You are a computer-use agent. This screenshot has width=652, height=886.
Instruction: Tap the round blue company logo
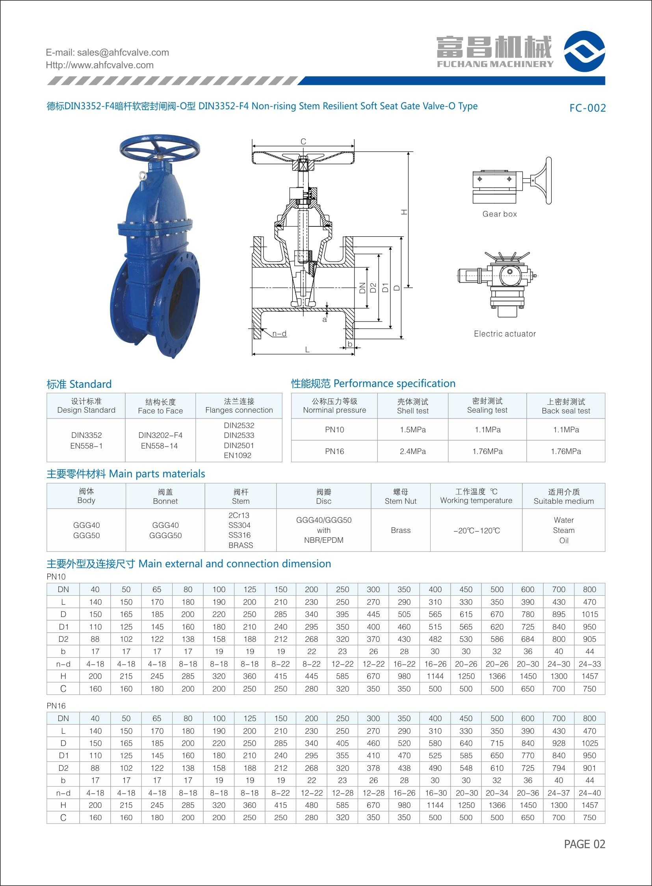[x=584, y=51]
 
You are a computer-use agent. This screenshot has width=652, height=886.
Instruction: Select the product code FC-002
[x=587, y=108]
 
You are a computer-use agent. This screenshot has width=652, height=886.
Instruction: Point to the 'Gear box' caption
[x=499, y=214]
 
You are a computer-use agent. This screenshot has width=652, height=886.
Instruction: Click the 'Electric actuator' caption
[x=505, y=334]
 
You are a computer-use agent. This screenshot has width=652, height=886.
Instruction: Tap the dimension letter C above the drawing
[x=303, y=142]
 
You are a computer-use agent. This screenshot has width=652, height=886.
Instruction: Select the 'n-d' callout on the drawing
[x=279, y=334]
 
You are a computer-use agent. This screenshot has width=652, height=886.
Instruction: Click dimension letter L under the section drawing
[x=307, y=350]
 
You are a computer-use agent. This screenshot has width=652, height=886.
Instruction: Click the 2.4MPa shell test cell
[x=412, y=451]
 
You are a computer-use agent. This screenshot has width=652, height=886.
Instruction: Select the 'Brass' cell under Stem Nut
[x=401, y=530]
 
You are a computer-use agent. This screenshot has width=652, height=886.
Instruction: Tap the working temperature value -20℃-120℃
[x=476, y=530]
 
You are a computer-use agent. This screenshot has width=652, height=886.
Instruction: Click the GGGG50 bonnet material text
[x=165, y=535]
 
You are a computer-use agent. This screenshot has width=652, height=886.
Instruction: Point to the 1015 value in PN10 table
[x=589, y=615]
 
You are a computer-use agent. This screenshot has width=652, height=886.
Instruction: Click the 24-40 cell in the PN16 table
[x=589, y=793]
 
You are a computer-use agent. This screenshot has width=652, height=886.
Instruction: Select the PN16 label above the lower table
[x=56, y=706]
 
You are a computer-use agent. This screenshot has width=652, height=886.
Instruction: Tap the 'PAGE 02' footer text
[x=584, y=844]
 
